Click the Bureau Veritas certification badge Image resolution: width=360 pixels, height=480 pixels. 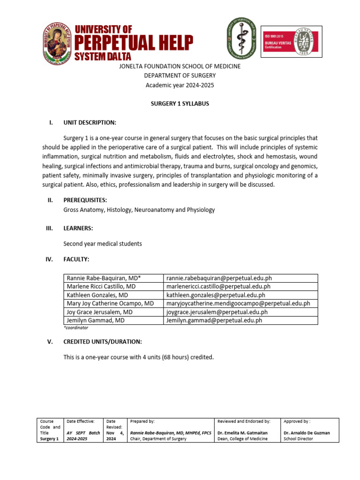291,42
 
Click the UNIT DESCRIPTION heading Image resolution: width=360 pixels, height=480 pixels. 90,123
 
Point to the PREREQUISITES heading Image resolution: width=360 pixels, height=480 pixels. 85,200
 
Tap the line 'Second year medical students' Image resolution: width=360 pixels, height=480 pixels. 102,244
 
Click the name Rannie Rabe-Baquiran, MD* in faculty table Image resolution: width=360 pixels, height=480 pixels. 104,278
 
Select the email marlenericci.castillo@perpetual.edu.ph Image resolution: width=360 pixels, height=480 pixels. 218,287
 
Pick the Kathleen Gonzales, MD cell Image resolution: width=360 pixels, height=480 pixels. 97,295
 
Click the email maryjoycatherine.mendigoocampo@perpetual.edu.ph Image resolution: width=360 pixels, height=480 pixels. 238,304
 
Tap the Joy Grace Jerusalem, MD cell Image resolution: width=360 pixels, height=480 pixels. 99,312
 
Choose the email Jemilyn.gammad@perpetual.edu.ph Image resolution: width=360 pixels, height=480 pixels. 214,321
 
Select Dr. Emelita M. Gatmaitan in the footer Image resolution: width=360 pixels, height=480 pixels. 243,433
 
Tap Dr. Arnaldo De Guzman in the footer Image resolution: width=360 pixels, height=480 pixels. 307,433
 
